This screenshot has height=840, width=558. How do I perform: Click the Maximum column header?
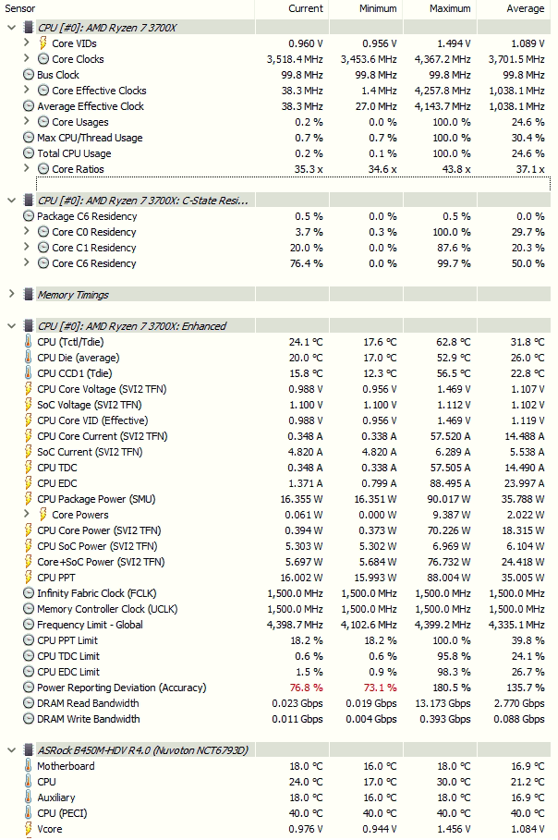click(450, 8)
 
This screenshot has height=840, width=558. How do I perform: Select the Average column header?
click(525, 8)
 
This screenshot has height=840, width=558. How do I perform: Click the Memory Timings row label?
click(73, 295)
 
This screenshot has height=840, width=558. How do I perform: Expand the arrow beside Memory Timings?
click(11, 295)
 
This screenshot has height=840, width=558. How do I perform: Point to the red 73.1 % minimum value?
click(381, 688)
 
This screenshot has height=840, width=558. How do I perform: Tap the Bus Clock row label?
click(58, 75)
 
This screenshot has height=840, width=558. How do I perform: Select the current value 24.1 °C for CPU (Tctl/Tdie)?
click(305, 342)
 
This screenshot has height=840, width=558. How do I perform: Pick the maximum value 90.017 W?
click(450, 499)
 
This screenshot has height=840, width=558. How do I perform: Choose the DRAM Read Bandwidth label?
click(89, 703)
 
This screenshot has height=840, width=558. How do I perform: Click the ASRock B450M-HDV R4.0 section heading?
click(142, 750)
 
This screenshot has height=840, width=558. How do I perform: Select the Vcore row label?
click(51, 829)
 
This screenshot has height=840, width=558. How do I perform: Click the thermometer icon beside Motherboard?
click(29, 766)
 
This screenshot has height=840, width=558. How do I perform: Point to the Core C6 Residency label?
click(94, 263)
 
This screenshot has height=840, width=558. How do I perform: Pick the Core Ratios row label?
click(79, 169)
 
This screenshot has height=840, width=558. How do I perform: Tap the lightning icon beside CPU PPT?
click(29, 578)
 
